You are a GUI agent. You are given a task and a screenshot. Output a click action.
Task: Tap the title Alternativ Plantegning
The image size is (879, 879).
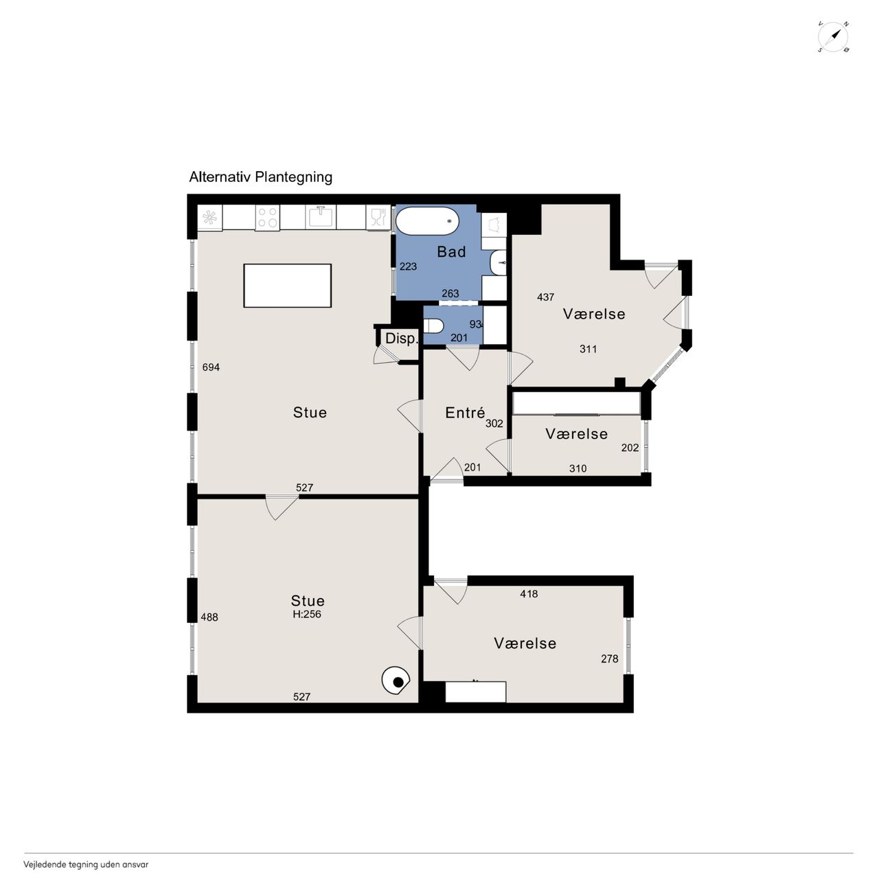(x=260, y=177)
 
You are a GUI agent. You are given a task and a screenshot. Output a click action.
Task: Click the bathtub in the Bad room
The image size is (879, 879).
(x=427, y=221)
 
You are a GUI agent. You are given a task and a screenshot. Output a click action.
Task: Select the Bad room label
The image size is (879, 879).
(x=451, y=252)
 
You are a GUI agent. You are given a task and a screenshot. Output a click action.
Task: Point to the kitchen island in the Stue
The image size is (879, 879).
(x=287, y=286)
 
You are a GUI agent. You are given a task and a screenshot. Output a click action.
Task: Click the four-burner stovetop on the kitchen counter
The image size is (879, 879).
(x=267, y=217)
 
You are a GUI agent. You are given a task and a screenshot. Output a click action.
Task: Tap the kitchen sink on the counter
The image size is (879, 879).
(x=321, y=217)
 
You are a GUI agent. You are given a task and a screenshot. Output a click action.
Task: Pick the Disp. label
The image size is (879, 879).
(x=402, y=339)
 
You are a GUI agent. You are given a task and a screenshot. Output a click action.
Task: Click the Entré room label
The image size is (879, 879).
(x=465, y=413)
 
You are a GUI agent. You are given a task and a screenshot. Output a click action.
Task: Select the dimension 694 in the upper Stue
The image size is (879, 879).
(x=211, y=367)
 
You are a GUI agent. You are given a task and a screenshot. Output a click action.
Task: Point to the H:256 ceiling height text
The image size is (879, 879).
(x=307, y=615)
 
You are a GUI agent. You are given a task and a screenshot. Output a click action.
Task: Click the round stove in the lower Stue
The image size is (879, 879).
(x=396, y=681)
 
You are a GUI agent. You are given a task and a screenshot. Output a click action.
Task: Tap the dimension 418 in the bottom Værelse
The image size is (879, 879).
(x=529, y=594)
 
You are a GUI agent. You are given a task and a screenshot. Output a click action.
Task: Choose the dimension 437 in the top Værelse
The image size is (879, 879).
(x=545, y=297)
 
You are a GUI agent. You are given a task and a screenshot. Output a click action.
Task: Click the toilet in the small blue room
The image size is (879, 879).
(x=433, y=326)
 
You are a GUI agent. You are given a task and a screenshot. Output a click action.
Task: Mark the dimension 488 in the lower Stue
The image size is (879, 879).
(x=209, y=617)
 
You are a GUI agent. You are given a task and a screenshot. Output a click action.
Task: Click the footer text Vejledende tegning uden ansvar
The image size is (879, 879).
(x=86, y=865)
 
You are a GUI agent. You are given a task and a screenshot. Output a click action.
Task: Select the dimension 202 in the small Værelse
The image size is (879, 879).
(x=630, y=448)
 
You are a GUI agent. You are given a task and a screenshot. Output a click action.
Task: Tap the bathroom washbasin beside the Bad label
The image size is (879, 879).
(x=499, y=263)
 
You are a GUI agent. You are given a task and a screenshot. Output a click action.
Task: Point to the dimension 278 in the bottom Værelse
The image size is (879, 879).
(x=609, y=659)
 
